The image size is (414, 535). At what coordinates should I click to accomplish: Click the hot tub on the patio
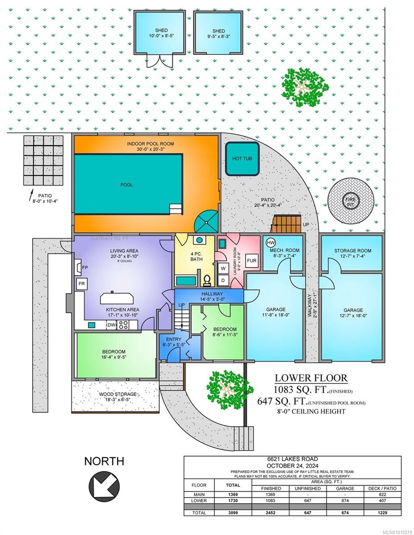pos(242,159)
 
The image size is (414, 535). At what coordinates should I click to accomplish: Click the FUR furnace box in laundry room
pos(252,260)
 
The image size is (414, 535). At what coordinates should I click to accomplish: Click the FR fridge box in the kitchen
pos(82,284)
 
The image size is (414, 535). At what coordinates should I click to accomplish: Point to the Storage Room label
pos(353,251)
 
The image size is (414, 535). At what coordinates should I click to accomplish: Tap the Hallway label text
pos(209,294)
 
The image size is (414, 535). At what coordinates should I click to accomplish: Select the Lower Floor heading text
pos(311,378)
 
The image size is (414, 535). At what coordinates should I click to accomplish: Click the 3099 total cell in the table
pos(233,513)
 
